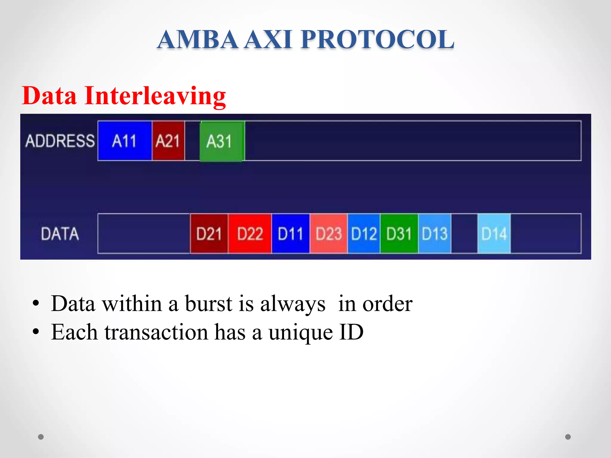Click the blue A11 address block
pos(124,141)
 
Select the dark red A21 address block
pos(168,141)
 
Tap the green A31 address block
pos(222,141)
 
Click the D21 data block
pos(209,233)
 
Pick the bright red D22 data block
pos(250,233)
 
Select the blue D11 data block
pos(291,233)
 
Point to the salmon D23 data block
pos(328,233)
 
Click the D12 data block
pos(364,233)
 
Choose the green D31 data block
pos(399,233)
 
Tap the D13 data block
pos(434,233)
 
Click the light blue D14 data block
pos(494,233)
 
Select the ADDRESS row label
pos(60,141)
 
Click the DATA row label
pos(60,233)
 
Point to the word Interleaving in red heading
pos(155,96)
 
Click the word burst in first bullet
pos(208,304)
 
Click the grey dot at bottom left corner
pos(41,437)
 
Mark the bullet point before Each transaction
pos(36,332)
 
